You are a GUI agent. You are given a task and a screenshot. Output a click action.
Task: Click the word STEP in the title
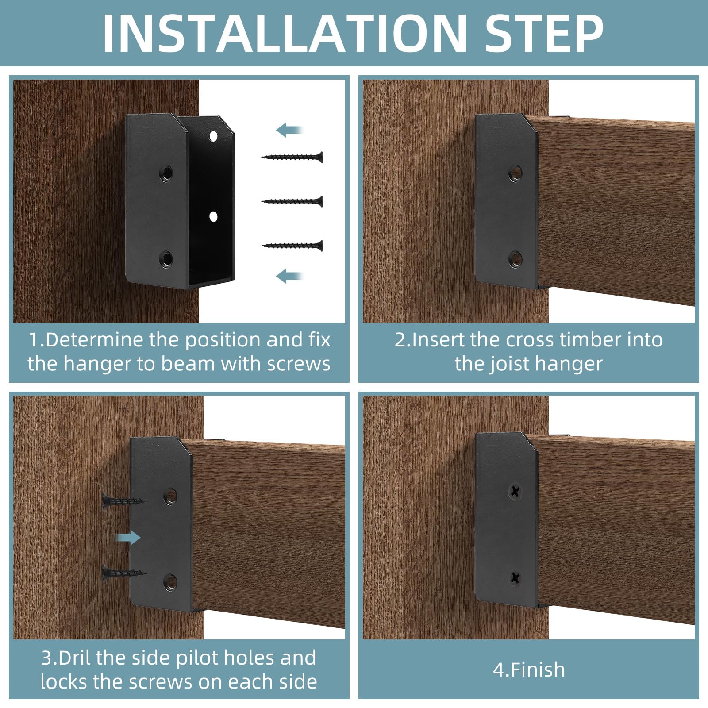(x=544, y=34)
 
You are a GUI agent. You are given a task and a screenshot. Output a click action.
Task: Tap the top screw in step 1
(x=292, y=157)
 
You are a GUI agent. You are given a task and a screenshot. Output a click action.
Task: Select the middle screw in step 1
(x=292, y=201)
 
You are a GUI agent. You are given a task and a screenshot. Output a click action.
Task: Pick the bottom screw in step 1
(x=292, y=246)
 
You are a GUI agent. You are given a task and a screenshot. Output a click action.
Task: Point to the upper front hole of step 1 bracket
(x=166, y=173)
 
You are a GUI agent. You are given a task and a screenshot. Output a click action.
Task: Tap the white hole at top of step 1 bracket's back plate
(x=213, y=135)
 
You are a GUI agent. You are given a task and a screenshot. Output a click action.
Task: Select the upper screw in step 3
(x=124, y=501)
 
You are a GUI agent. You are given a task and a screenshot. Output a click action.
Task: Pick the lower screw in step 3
(x=124, y=573)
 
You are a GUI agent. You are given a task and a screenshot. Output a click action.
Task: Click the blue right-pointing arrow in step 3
(x=127, y=538)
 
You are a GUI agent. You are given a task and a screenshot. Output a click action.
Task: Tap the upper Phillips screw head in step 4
(x=515, y=491)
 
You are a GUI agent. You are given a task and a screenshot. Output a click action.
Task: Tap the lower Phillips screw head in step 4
(x=515, y=577)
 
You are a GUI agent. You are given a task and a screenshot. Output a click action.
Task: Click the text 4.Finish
(x=529, y=670)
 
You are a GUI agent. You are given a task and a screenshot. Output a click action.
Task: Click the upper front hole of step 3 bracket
(x=170, y=495)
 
